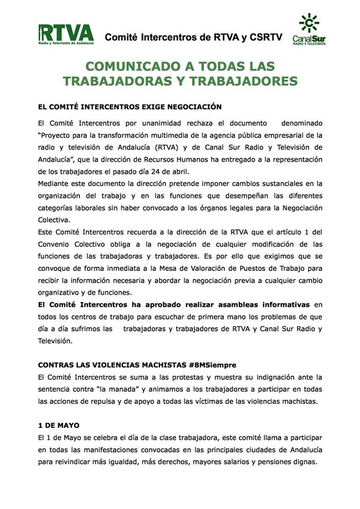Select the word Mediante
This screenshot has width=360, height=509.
pos(56,183)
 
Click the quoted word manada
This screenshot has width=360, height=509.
pos(119,389)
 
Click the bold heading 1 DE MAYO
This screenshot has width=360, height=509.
pos(57,426)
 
